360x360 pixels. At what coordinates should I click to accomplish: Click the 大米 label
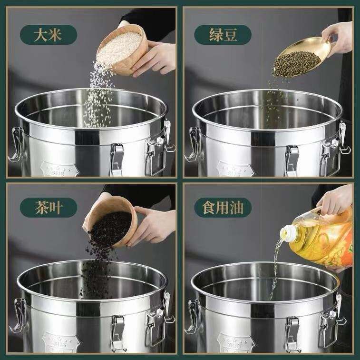point(48,35)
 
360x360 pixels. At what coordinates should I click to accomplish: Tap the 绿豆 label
point(223,35)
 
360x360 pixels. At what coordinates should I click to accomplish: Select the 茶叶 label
point(48,208)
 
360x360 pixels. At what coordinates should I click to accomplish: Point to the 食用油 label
point(223,208)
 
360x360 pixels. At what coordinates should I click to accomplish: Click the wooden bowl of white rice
point(122,50)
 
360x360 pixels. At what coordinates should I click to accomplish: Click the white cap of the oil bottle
point(288,233)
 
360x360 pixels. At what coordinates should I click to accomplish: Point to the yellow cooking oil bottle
point(321,239)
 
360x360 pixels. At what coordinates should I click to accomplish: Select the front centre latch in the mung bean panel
point(292,161)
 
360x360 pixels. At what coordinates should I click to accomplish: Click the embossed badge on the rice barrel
point(60,170)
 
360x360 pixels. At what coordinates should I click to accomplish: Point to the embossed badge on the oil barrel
point(236,344)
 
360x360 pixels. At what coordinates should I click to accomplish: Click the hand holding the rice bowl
point(154,58)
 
